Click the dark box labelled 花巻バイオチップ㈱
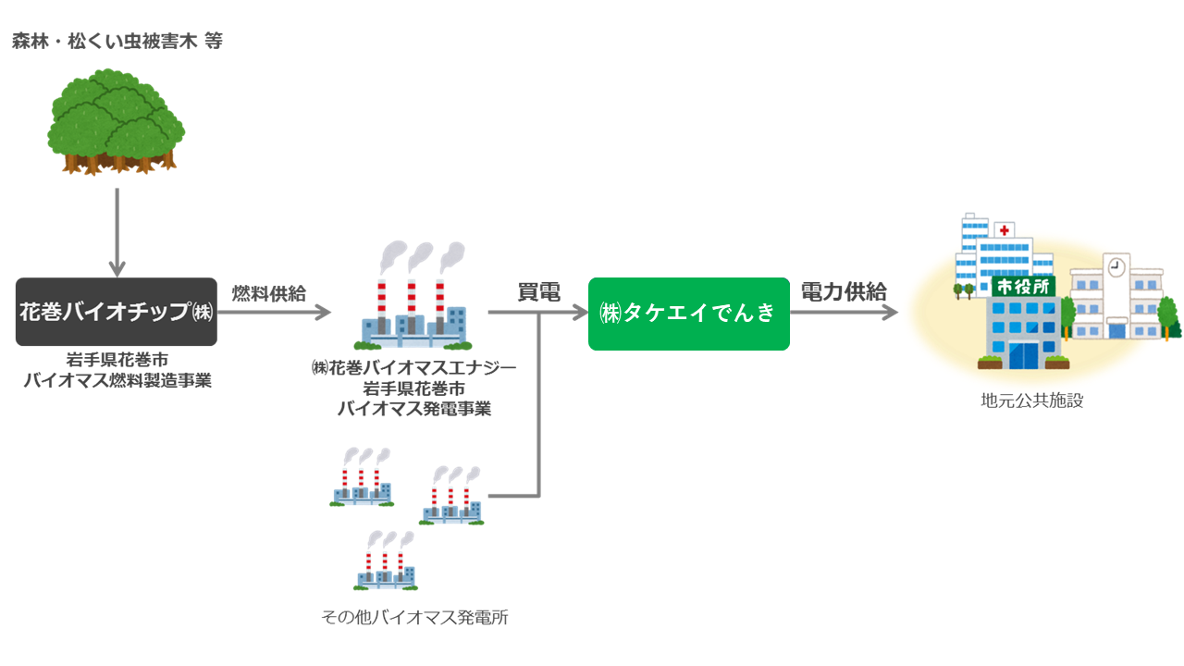(x=117, y=312)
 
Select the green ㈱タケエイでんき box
(x=689, y=314)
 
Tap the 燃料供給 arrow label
(x=268, y=293)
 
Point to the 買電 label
(x=538, y=293)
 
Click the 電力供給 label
(x=844, y=292)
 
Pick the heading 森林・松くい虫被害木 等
(x=117, y=42)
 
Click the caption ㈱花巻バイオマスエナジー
(x=413, y=367)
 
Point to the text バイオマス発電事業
(x=413, y=408)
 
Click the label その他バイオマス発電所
(x=414, y=617)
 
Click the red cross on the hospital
(x=1005, y=228)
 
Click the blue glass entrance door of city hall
(x=1022, y=355)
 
